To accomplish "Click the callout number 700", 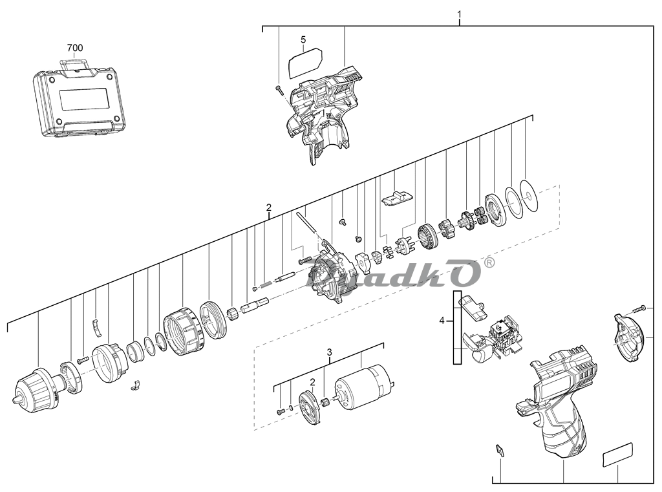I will tap(75, 48).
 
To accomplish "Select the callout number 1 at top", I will tap(459, 14).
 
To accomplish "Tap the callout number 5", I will tap(303, 40).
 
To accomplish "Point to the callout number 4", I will tap(442, 321).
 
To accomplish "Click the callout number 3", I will tap(329, 352).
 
